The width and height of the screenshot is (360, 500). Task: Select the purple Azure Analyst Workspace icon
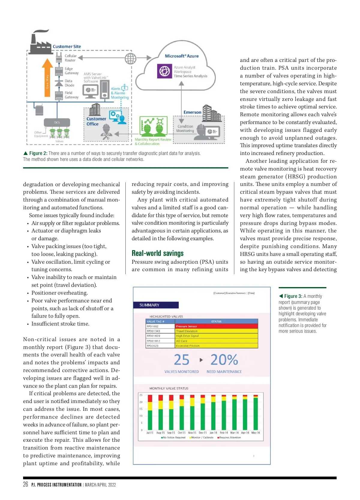(164, 71)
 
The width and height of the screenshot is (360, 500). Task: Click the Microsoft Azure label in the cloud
(182, 56)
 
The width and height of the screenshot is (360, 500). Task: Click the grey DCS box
(57, 123)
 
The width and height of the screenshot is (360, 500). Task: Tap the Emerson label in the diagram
(192, 112)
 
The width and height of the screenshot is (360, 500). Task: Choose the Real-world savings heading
(157, 253)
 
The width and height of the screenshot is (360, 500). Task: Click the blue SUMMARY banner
(156, 305)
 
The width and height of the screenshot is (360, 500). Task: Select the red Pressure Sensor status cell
(216, 326)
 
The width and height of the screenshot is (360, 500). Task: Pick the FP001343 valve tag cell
(160, 331)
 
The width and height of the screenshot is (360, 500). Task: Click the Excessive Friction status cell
(216, 346)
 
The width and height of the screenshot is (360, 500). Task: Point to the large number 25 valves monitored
(182, 360)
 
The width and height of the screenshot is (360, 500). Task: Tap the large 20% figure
(224, 360)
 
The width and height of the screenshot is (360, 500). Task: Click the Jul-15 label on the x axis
(150, 433)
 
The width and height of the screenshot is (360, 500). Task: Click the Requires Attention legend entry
(229, 438)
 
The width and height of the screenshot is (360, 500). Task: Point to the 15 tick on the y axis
(141, 409)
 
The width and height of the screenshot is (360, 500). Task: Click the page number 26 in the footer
(25, 484)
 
